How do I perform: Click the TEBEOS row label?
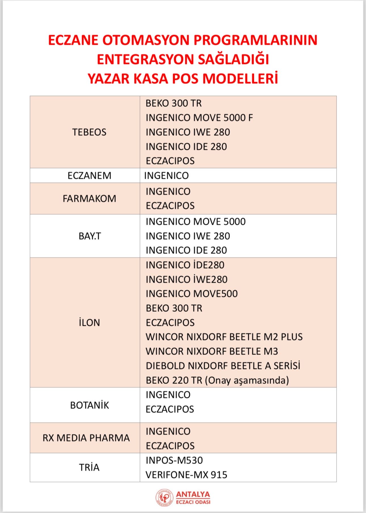point(89,132)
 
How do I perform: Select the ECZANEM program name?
point(89,176)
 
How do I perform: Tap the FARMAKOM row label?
point(89,199)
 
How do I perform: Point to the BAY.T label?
point(90,236)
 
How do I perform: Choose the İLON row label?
point(89,323)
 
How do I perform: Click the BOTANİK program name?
point(89,405)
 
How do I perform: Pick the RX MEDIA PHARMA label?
point(86,438)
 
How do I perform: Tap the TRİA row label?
point(89,468)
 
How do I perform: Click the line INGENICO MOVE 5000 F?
point(199,118)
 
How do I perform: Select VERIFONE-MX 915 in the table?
point(186,475)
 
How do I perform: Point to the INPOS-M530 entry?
point(174,460)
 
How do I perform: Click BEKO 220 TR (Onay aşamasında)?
point(217,380)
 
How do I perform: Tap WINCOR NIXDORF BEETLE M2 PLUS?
point(224,337)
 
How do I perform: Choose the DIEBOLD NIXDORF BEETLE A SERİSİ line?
point(223,366)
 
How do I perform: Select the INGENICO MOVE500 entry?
point(192,294)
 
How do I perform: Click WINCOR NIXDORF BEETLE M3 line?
point(212,351)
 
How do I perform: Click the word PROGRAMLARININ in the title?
point(255,40)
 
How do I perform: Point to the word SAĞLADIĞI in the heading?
point(233,60)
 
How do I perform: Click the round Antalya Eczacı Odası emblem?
point(164,498)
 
